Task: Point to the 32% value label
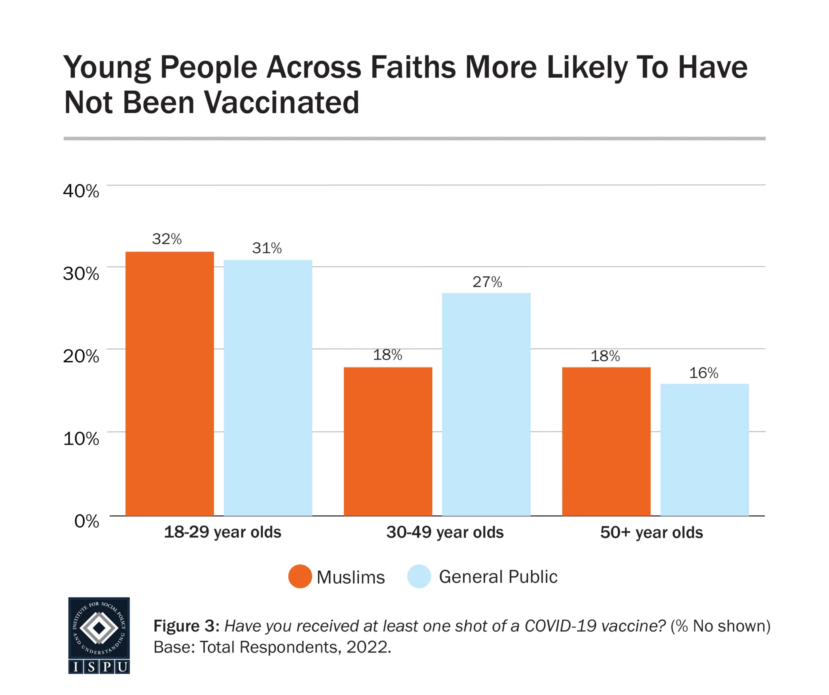click(167, 239)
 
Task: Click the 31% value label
click(267, 248)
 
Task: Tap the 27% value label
click(487, 282)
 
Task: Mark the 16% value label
click(704, 373)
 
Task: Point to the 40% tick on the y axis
click(81, 191)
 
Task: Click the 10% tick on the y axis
click(81, 438)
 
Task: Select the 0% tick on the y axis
click(87, 521)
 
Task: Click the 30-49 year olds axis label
click(445, 532)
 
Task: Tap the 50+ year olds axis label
click(651, 532)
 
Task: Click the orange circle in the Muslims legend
click(300, 576)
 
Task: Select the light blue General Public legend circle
click(419, 576)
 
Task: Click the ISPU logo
click(99, 635)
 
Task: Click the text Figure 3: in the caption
click(186, 626)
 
